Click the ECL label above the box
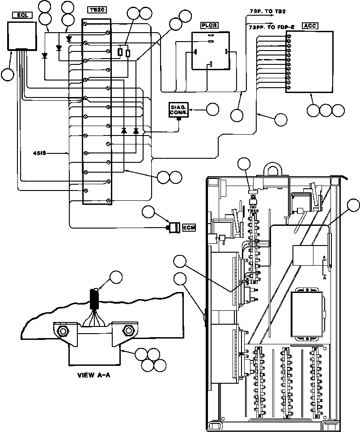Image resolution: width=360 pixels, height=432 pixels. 23,15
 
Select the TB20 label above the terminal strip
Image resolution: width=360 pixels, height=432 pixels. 97,10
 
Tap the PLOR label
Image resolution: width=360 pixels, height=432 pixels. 209,25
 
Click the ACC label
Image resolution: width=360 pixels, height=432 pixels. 310,26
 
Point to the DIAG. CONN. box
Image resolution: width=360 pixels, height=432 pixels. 178,110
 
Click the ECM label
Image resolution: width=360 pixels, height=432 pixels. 189,228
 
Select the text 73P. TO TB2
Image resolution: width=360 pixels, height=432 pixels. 264,12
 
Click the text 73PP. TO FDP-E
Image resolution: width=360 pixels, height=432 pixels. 271,27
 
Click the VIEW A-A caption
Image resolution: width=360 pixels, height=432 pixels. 94,375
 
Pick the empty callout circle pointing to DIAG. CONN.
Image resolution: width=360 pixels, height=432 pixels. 212,110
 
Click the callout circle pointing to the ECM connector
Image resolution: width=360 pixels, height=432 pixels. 149,212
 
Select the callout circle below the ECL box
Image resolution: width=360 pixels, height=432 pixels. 8,74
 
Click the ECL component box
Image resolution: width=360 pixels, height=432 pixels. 22,36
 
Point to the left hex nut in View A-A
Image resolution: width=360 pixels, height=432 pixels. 63,330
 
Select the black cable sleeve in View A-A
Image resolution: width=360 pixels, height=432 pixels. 94,299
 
